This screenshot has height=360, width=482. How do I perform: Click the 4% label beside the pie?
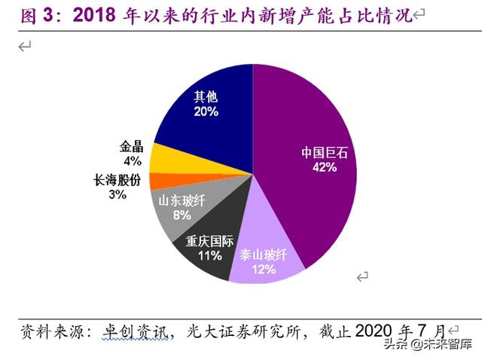[x=132, y=160]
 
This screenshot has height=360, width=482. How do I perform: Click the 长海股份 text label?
[x=117, y=181]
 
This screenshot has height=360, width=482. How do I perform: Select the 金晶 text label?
[x=131, y=147]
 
